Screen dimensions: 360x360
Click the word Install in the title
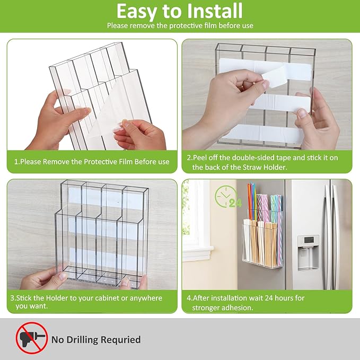pyautogui.click(x=214, y=11)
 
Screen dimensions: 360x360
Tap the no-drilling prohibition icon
pyautogui.click(x=32, y=337)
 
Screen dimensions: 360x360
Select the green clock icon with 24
pyautogui.click(x=228, y=197)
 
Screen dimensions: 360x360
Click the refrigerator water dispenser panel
pyautogui.click(x=308, y=252)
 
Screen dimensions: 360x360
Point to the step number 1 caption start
pyautogui.click(x=16, y=162)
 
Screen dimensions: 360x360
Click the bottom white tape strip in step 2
pyautogui.click(x=262, y=134)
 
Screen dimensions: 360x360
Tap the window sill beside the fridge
pyautogui.click(x=198, y=250)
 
